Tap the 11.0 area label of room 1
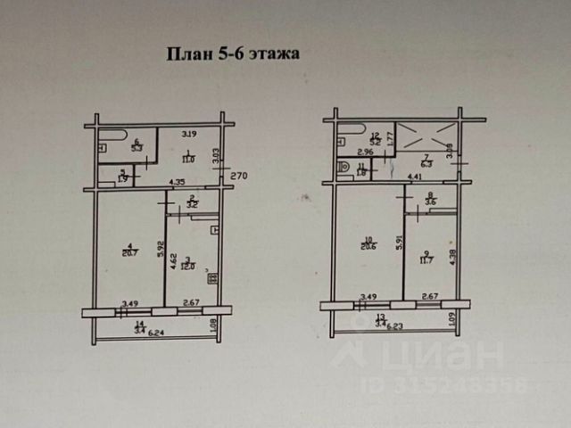(188, 160)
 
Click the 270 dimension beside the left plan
(238, 177)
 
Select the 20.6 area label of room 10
(369, 247)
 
